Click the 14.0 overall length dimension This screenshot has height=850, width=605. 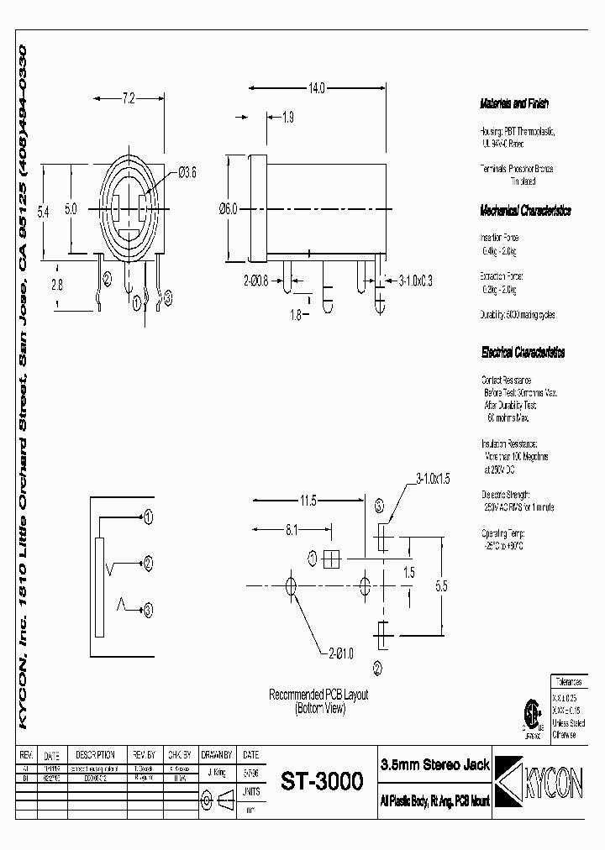pyautogui.click(x=315, y=87)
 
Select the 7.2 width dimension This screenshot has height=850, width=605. pyautogui.click(x=128, y=99)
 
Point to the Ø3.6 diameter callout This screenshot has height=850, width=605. pyautogui.click(x=187, y=173)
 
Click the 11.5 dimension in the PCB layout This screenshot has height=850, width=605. pyautogui.click(x=308, y=501)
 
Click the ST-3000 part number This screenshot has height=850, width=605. pyautogui.click(x=322, y=781)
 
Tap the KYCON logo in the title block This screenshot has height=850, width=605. pyautogui.click(x=538, y=781)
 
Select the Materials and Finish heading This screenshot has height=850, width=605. pyautogui.click(x=513, y=104)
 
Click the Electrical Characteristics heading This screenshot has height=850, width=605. pyautogui.click(x=522, y=352)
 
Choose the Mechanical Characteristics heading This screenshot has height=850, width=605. pyautogui.click(x=525, y=210)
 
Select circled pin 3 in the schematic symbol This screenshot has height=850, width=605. pyautogui.click(x=148, y=609)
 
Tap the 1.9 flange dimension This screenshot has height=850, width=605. pyautogui.click(x=287, y=118)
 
